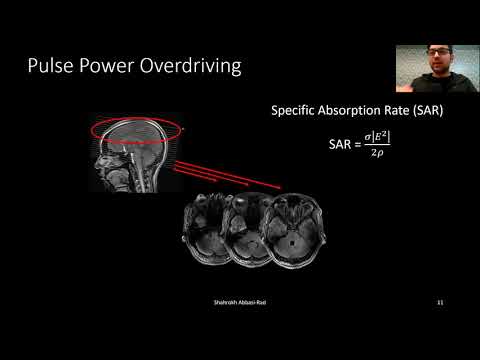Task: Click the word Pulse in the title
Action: pyautogui.click(x=52, y=69)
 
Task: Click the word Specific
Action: pyautogui.click(x=297, y=111)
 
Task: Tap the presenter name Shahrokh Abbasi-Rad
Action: pyautogui.click(x=238, y=301)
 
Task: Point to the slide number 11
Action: pyautogui.click(x=440, y=301)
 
